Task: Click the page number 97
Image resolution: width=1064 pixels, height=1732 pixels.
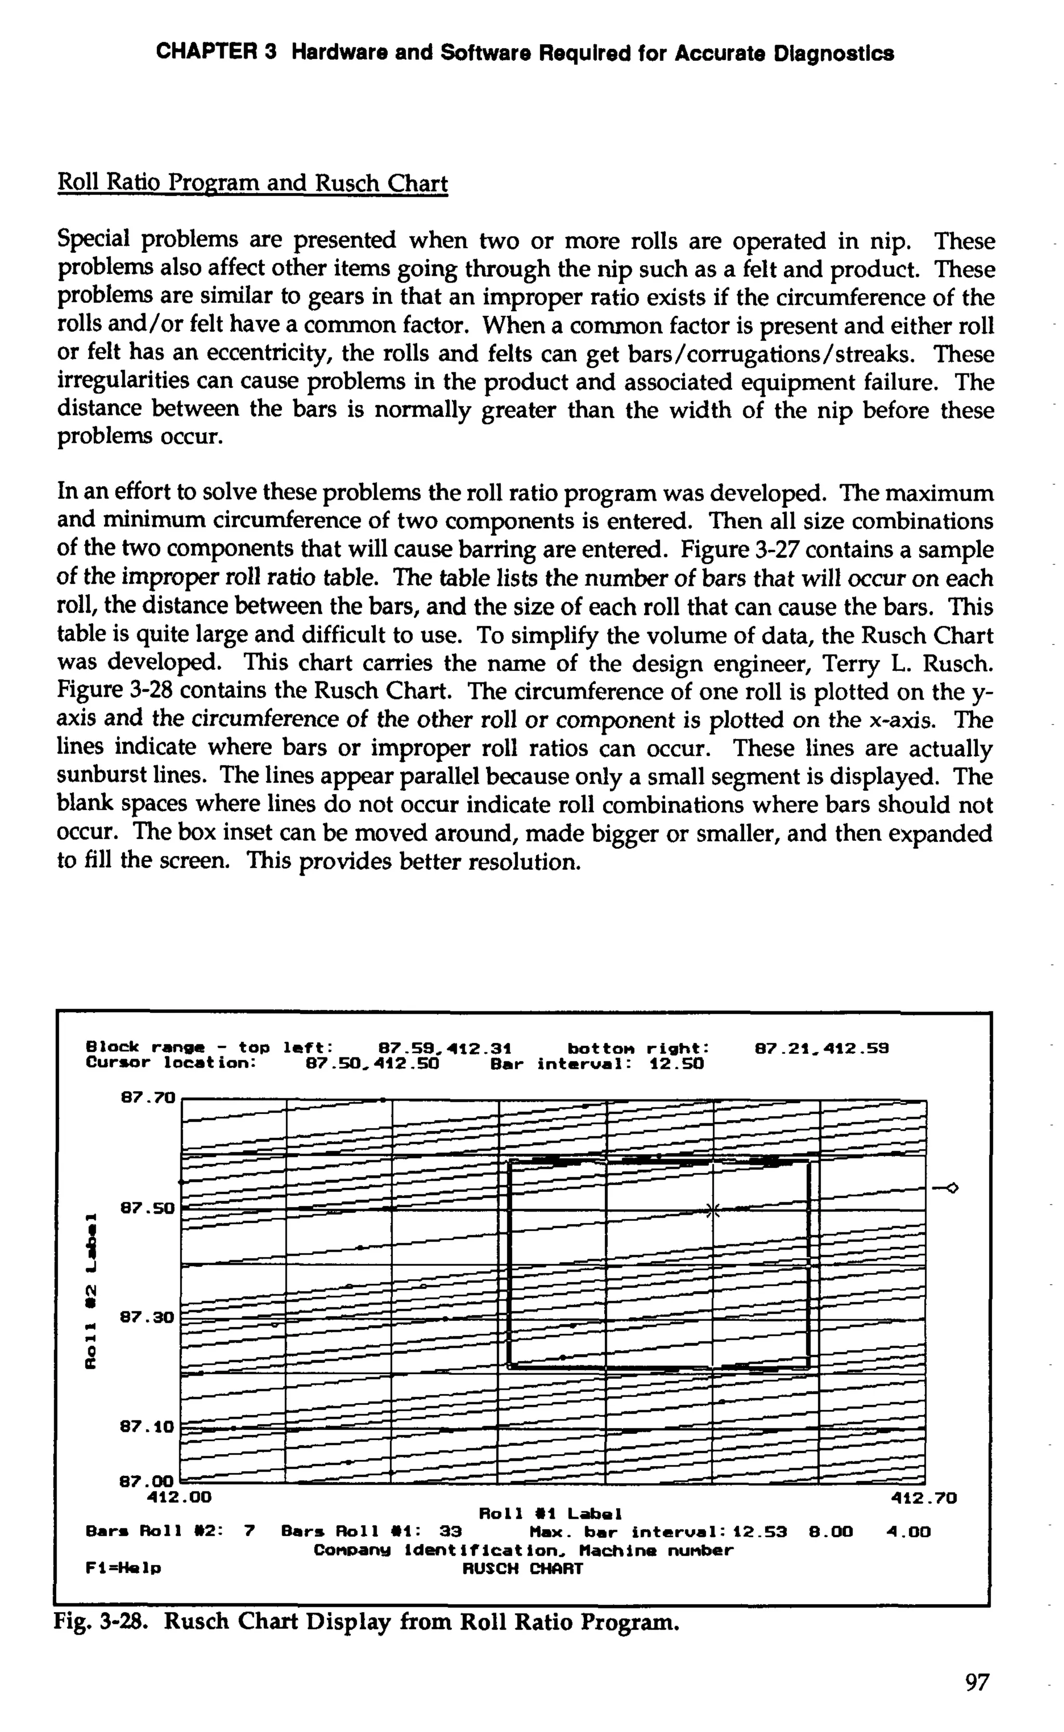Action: tap(977, 1682)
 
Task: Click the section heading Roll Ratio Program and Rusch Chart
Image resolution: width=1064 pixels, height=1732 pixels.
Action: tap(252, 184)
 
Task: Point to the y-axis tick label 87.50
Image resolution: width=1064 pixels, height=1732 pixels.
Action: tap(147, 1208)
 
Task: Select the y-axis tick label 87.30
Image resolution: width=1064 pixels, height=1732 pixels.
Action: tap(147, 1316)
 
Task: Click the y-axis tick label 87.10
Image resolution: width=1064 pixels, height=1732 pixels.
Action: tap(147, 1426)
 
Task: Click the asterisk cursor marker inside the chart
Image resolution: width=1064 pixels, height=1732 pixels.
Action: tap(713, 1211)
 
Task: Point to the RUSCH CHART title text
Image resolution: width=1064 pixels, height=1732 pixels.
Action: tap(522, 1568)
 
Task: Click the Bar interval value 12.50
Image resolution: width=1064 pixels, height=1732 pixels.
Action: tap(675, 1064)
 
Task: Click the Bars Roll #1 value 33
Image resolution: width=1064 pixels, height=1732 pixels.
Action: tap(450, 1532)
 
